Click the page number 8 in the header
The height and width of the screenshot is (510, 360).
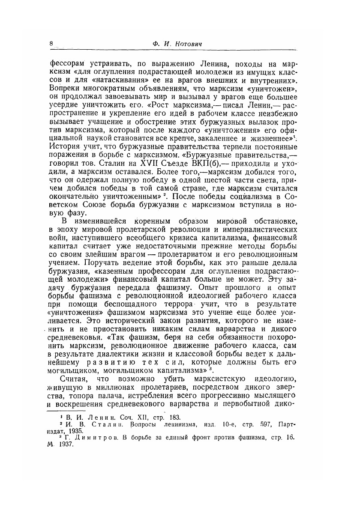coord(51,44)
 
